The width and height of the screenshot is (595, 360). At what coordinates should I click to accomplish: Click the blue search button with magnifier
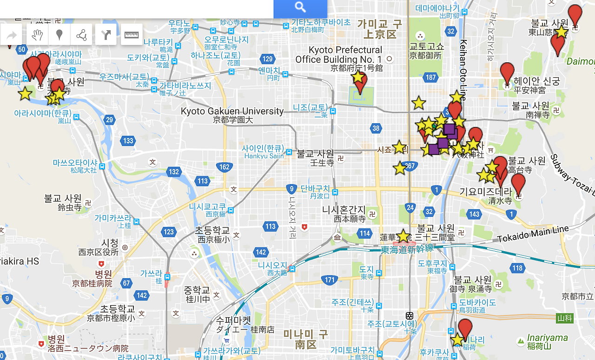(300, 7)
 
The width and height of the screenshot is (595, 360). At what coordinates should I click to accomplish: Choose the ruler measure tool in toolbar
(132, 35)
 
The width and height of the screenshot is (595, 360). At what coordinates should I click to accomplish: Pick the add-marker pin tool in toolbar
(59, 35)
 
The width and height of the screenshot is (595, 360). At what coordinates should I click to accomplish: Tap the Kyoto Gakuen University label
(232, 111)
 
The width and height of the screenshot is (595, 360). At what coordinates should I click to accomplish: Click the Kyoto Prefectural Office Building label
(339, 55)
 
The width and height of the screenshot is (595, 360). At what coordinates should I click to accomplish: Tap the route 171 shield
(330, 280)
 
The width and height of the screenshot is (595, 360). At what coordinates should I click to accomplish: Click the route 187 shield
(431, 78)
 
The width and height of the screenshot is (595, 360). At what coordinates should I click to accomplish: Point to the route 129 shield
(267, 59)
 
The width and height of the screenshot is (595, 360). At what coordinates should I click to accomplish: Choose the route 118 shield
(517, 268)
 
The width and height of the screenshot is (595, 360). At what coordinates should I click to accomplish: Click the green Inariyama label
(547, 338)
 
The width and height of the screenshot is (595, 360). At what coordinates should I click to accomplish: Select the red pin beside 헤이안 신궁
(507, 73)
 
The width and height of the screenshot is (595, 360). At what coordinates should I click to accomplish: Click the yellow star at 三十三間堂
(403, 236)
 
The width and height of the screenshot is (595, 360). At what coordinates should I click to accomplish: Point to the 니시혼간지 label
(344, 210)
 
